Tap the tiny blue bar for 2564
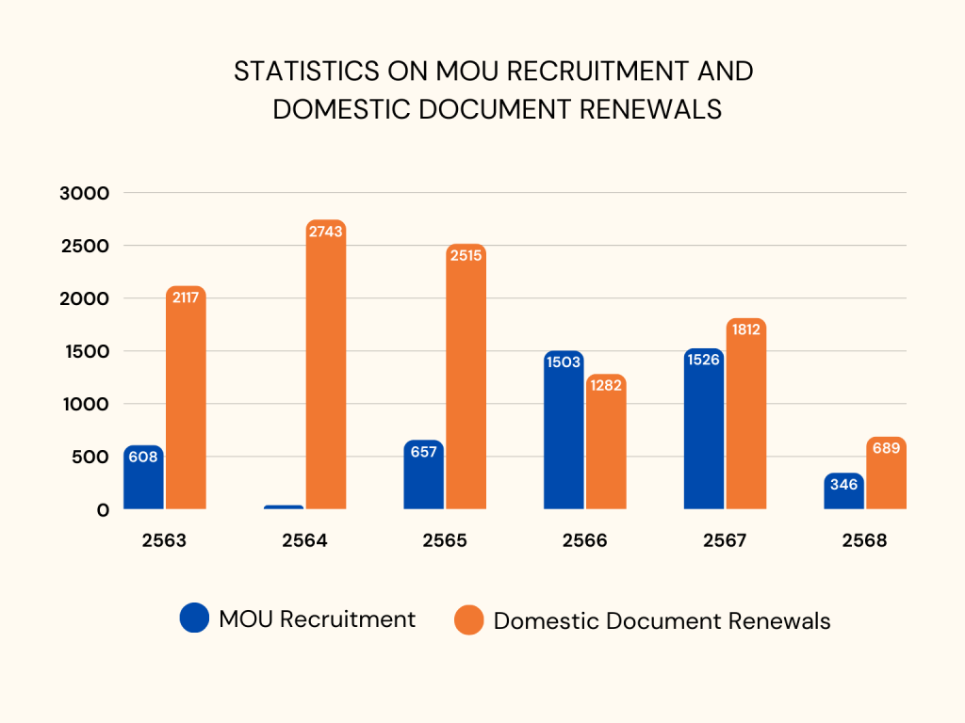(284, 507)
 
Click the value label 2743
(325, 232)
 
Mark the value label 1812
(745, 330)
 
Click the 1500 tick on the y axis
(91, 351)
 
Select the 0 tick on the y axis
(102, 509)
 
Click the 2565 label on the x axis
(445, 541)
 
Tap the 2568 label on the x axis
(865, 541)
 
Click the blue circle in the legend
(194, 619)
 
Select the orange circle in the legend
(468, 620)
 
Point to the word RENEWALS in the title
(649, 109)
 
